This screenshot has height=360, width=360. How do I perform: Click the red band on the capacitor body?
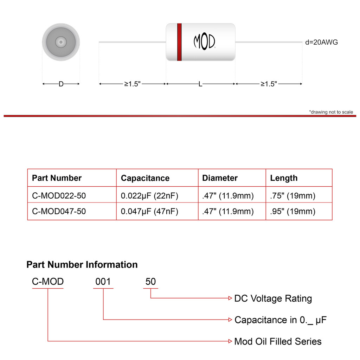tap(179, 42)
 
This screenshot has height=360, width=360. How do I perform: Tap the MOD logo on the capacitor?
tap(204, 41)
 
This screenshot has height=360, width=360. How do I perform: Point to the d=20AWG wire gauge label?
tap(321, 42)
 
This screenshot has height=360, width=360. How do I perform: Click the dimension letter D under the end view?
tap(61, 84)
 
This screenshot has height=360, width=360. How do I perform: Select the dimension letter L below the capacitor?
tap(200, 84)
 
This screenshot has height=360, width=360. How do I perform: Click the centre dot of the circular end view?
tap(61, 42)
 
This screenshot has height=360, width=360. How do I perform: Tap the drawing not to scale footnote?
tap(331, 112)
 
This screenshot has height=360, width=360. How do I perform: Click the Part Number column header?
tap(57, 178)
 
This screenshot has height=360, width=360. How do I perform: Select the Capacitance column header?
tap(145, 178)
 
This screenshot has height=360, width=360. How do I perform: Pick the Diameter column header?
tap(220, 178)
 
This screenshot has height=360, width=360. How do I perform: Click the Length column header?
tap(284, 178)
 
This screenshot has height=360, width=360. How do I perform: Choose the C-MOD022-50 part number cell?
tap(59, 195)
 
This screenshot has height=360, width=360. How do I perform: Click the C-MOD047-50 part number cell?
tap(59, 211)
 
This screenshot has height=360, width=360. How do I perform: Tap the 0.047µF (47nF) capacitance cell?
tap(149, 211)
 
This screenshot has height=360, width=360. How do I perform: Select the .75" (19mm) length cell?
tap(293, 196)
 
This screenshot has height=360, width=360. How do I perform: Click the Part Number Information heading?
tap(82, 264)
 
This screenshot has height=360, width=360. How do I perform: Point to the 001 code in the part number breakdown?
tap(103, 282)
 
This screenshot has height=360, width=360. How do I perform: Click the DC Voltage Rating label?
tap(273, 298)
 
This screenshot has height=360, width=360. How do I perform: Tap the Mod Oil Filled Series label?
tap(278, 341)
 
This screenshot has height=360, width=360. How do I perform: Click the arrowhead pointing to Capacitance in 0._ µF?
tap(230, 320)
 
